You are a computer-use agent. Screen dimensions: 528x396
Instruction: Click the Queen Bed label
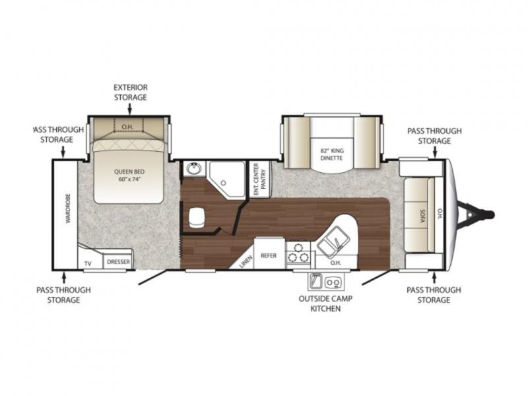[x=129, y=175]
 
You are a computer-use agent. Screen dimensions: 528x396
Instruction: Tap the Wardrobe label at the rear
[x=68, y=209]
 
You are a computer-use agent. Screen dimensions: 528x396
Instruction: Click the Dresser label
[x=118, y=261]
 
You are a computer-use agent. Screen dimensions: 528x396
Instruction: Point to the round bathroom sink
[x=193, y=168]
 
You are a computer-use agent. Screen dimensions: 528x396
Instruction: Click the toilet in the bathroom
[x=197, y=218]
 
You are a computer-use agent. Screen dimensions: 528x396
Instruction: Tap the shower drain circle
[x=223, y=183]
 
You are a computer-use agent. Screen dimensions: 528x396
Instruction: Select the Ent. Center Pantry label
[x=259, y=179]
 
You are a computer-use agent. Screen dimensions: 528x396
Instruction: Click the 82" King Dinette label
[x=332, y=154]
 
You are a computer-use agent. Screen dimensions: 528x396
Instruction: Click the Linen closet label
[x=246, y=261]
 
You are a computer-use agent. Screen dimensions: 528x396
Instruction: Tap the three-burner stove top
[x=298, y=254]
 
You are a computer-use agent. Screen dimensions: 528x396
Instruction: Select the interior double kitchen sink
[x=333, y=242]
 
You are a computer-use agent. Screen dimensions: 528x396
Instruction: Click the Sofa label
[x=422, y=216]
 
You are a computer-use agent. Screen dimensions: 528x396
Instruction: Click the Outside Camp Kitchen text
[x=325, y=304]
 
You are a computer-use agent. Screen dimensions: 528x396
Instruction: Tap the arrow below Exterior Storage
[x=129, y=109]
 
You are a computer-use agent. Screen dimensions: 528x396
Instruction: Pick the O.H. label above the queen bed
[x=127, y=127]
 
